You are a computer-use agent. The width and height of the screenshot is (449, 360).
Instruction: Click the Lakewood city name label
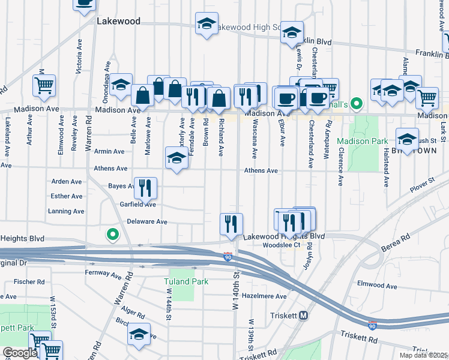pyautogui.click(x=118, y=21)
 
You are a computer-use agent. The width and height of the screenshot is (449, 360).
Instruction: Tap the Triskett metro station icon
pyautogui.click(x=304, y=316)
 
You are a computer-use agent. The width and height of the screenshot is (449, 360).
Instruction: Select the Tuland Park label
pyautogui.click(x=185, y=281)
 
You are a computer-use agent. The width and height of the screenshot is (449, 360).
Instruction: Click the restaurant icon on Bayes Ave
pyautogui.click(x=145, y=188)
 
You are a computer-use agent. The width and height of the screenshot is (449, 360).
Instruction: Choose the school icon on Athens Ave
pyautogui.click(x=176, y=159)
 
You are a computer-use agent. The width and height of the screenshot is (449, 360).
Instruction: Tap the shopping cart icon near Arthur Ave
pyautogui.click(x=44, y=86)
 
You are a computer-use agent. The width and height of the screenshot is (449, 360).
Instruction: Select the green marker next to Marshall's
pyautogui.click(x=357, y=104)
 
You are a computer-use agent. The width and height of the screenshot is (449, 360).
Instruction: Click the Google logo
pyautogui.click(x=19, y=353)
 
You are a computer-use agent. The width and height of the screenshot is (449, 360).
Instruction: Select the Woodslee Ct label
pyautogui.click(x=285, y=245)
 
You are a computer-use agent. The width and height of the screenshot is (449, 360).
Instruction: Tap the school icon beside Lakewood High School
pyautogui.click(x=206, y=24)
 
